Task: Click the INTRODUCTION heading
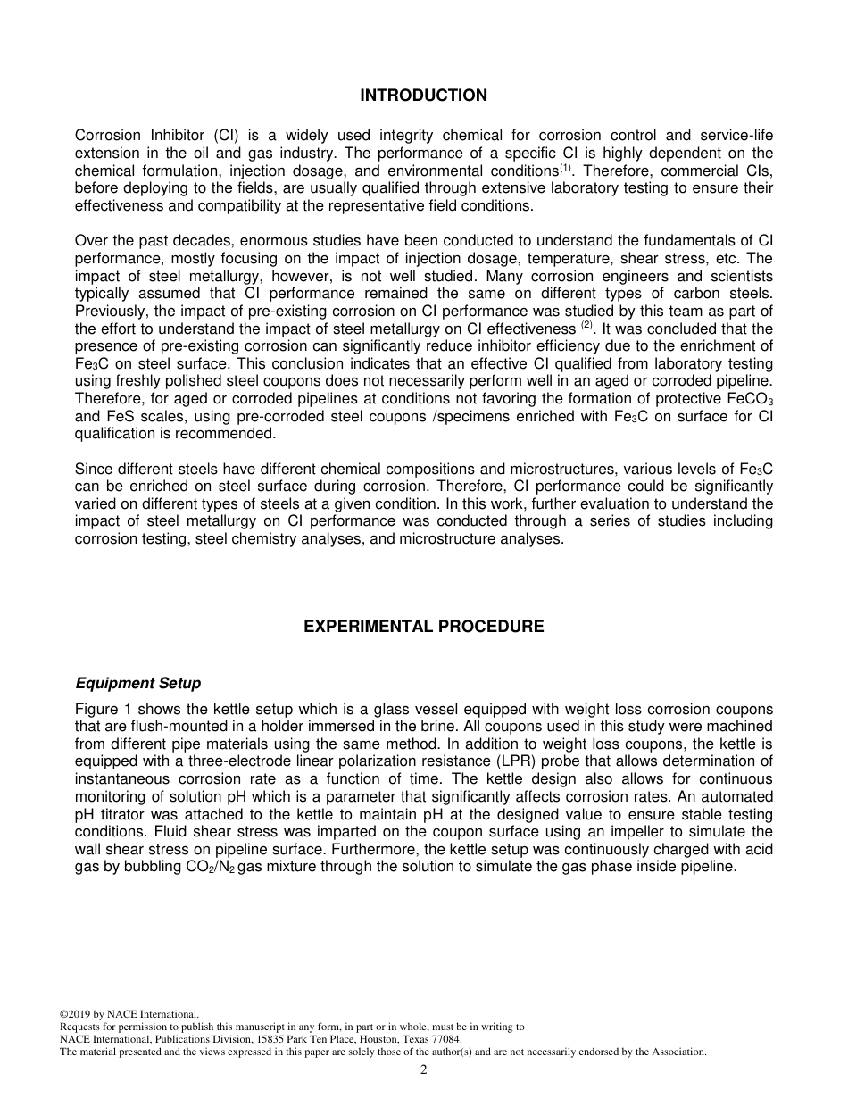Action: [423, 96]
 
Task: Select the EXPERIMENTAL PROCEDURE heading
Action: [423, 627]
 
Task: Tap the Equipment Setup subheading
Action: [137, 684]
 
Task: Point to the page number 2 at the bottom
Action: [423, 1071]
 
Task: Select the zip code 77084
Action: [444, 1039]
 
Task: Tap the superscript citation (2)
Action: [587, 326]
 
